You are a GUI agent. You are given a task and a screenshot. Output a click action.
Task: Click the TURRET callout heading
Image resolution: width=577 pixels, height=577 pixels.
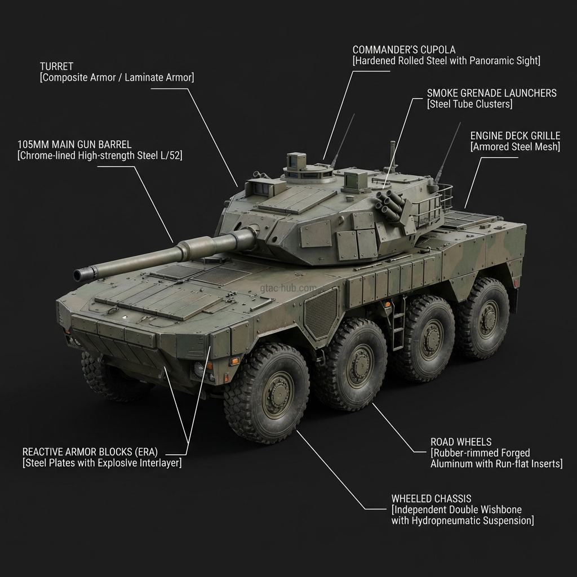[x=57, y=66]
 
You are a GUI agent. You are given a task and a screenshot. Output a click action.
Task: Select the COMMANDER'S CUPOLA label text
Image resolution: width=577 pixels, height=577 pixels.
[x=404, y=50]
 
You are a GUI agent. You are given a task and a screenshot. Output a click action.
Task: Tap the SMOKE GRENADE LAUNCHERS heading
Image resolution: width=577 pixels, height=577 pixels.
[x=491, y=93]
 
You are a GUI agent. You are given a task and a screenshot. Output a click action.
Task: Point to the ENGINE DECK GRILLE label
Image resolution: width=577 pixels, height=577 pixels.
[x=515, y=136]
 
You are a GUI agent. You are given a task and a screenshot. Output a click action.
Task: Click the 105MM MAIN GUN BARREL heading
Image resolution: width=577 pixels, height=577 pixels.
[x=74, y=144]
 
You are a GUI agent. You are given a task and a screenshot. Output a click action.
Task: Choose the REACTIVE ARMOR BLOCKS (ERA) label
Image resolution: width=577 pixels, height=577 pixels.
[x=90, y=452]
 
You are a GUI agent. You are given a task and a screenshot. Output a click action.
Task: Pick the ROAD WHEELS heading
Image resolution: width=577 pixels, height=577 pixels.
[x=461, y=442]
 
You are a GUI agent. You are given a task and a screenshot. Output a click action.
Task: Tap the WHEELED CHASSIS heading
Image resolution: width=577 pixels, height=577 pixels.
[x=431, y=499]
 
